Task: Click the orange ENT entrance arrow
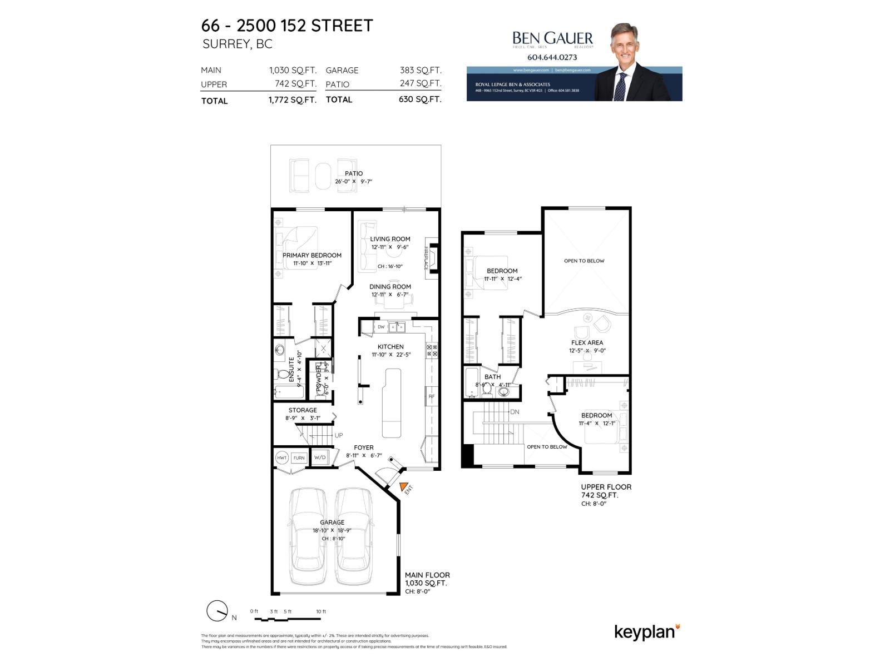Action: [403, 486]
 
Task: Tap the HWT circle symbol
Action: [281, 458]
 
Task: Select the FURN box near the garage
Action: [299, 458]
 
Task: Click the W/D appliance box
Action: [319, 457]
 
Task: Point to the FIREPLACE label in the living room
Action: [427, 258]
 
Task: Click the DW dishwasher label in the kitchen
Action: [381, 327]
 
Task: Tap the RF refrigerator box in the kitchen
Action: [432, 396]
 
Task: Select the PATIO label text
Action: [353, 173]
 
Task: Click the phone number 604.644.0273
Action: [552, 57]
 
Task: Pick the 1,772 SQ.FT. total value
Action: [292, 100]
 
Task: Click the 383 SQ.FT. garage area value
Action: [420, 70]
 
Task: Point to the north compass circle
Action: [216, 611]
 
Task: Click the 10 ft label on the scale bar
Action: [321, 611]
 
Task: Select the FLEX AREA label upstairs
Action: [587, 343]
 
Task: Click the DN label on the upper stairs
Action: [515, 412]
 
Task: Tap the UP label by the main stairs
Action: [338, 435]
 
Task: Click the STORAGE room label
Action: [303, 410]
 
